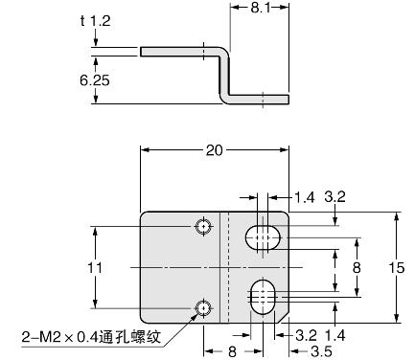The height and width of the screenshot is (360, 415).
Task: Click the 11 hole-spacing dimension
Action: tap(92, 268)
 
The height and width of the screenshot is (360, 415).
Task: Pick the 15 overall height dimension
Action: tap(396, 268)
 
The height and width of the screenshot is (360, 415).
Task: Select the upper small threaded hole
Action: tap(202, 227)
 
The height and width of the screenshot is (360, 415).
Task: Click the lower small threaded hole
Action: tap(202, 307)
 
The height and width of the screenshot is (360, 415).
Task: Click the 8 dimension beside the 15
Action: tap(356, 267)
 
